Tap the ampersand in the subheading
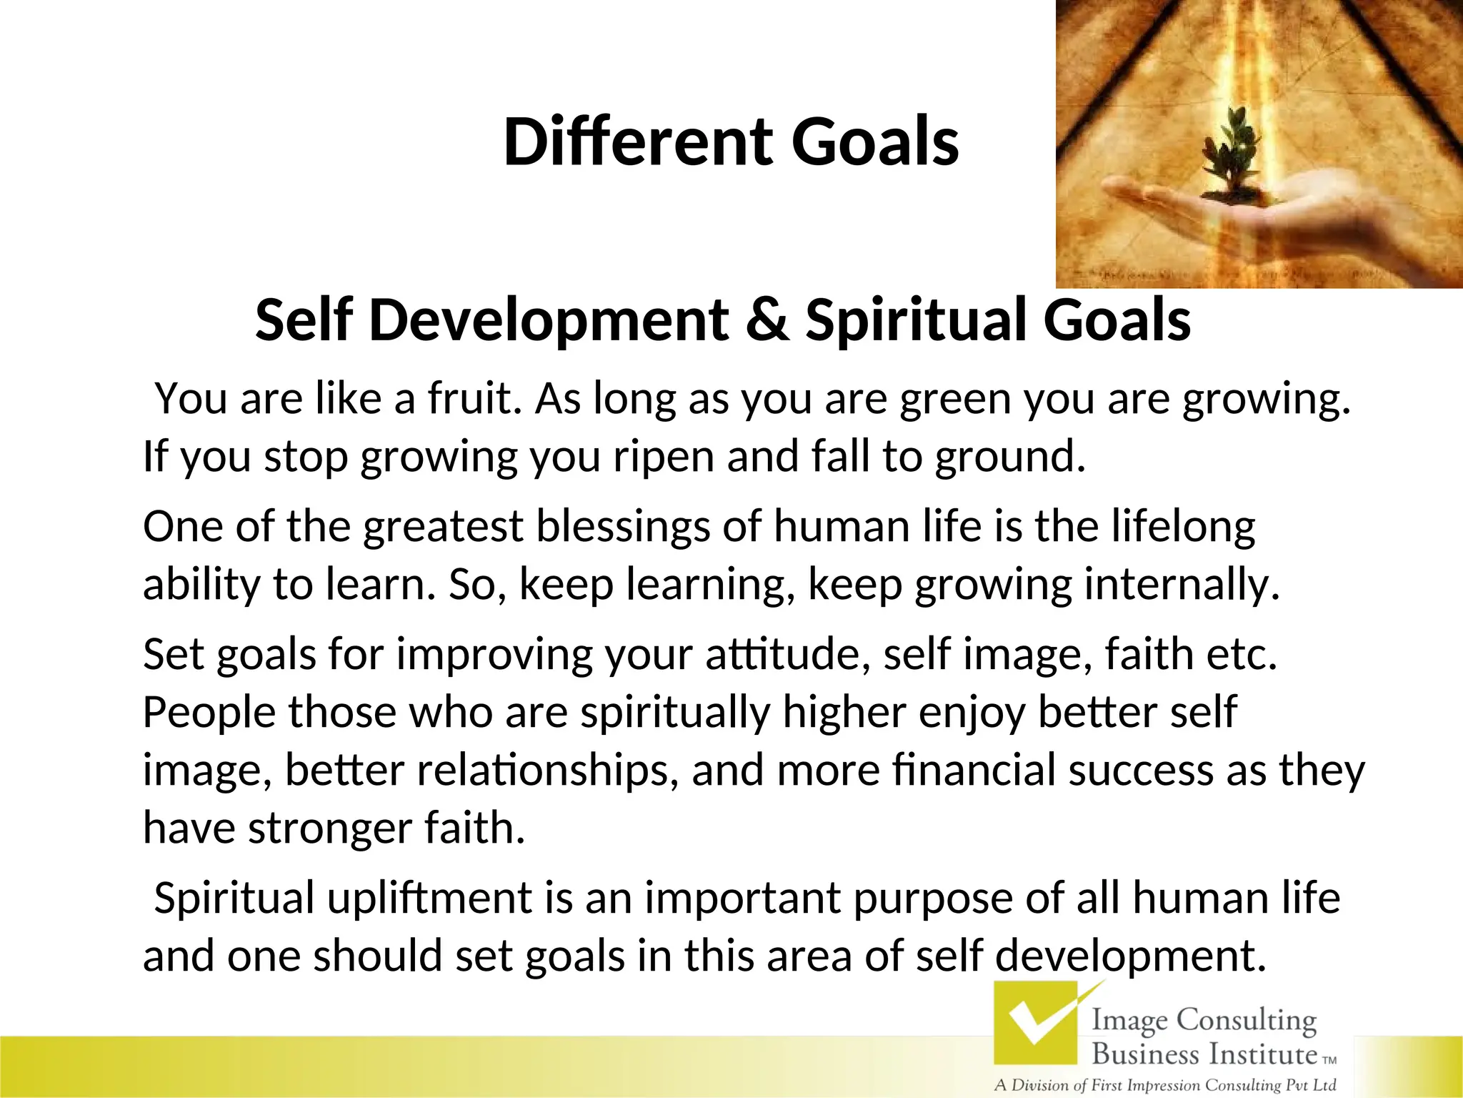pos(767,320)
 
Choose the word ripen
pos(664,458)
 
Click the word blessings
pos(621,528)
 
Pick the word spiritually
pos(675,713)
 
